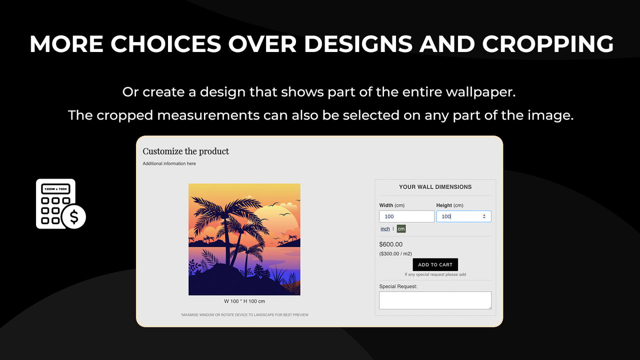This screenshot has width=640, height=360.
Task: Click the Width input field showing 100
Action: click(x=406, y=216)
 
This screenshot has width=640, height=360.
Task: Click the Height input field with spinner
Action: click(x=459, y=216)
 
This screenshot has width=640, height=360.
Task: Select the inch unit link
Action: click(x=385, y=229)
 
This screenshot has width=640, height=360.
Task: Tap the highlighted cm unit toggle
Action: click(x=401, y=229)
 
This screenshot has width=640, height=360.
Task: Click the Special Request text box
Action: click(x=435, y=300)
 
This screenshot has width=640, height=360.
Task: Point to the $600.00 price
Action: click(x=391, y=244)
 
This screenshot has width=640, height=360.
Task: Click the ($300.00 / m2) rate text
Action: click(x=395, y=254)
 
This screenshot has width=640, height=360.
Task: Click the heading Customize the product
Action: click(x=186, y=151)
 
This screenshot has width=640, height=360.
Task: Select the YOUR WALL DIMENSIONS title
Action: click(x=435, y=187)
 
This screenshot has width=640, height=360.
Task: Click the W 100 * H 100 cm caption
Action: click(x=244, y=301)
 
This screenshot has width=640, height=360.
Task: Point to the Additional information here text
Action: click(x=169, y=164)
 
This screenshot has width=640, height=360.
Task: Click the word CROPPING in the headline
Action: click(x=548, y=44)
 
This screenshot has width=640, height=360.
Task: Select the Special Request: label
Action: click(x=398, y=286)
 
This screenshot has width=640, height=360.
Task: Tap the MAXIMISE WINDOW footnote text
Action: click(x=244, y=315)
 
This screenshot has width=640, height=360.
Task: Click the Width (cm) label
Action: click(x=392, y=205)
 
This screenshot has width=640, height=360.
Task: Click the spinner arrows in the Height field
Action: click(x=483, y=216)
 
